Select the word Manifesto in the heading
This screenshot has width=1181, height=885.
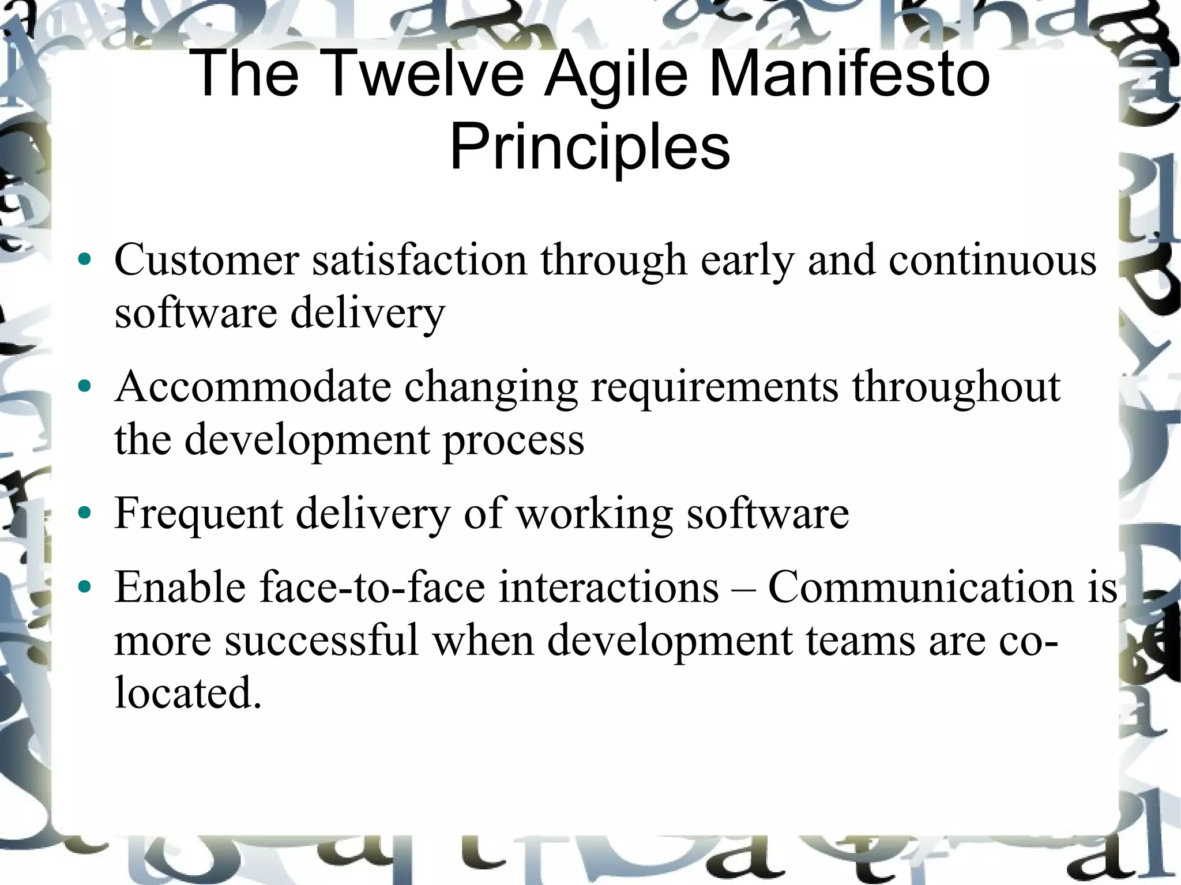(849, 74)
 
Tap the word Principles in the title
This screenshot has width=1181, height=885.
(590, 147)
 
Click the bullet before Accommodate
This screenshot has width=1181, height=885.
(85, 386)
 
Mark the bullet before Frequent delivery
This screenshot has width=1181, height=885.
(85, 513)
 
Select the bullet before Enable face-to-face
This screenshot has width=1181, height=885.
(85, 587)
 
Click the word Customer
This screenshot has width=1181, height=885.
(206, 260)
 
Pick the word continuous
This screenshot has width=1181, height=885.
(992, 260)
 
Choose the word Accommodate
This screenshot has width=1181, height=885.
(253, 386)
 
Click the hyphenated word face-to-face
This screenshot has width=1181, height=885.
(373, 587)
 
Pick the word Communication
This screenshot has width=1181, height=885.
(921, 587)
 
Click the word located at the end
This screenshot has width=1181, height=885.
(188, 692)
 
